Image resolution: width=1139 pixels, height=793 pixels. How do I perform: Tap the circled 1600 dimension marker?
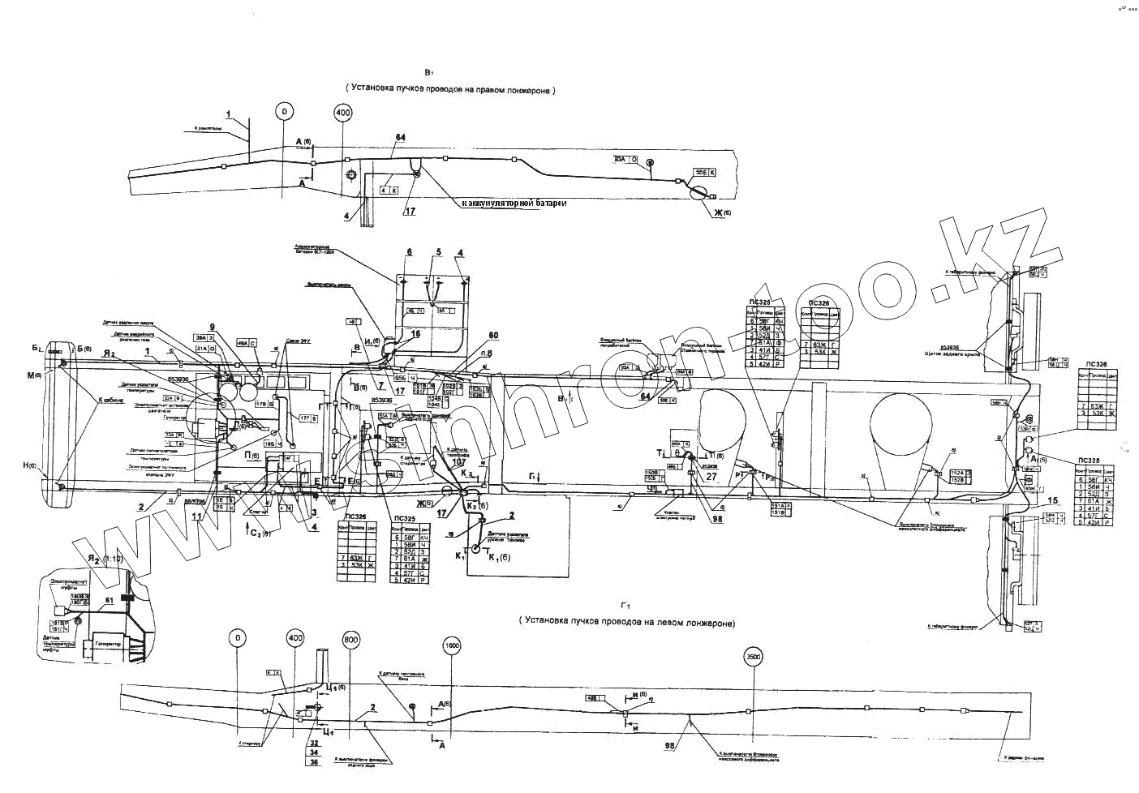(x=453, y=646)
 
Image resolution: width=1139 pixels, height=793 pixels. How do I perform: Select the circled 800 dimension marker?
(x=350, y=640)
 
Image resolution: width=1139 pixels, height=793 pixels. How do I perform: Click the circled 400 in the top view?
(x=342, y=114)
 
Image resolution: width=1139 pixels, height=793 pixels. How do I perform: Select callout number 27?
(x=711, y=478)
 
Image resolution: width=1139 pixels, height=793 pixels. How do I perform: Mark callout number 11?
(x=196, y=513)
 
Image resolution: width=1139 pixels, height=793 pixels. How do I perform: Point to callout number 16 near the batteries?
(x=416, y=333)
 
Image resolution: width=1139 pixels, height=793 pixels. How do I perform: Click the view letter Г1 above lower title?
(x=625, y=606)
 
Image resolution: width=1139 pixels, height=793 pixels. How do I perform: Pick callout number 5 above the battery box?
(x=438, y=252)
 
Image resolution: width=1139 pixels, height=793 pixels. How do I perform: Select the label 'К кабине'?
(x=110, y=401)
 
